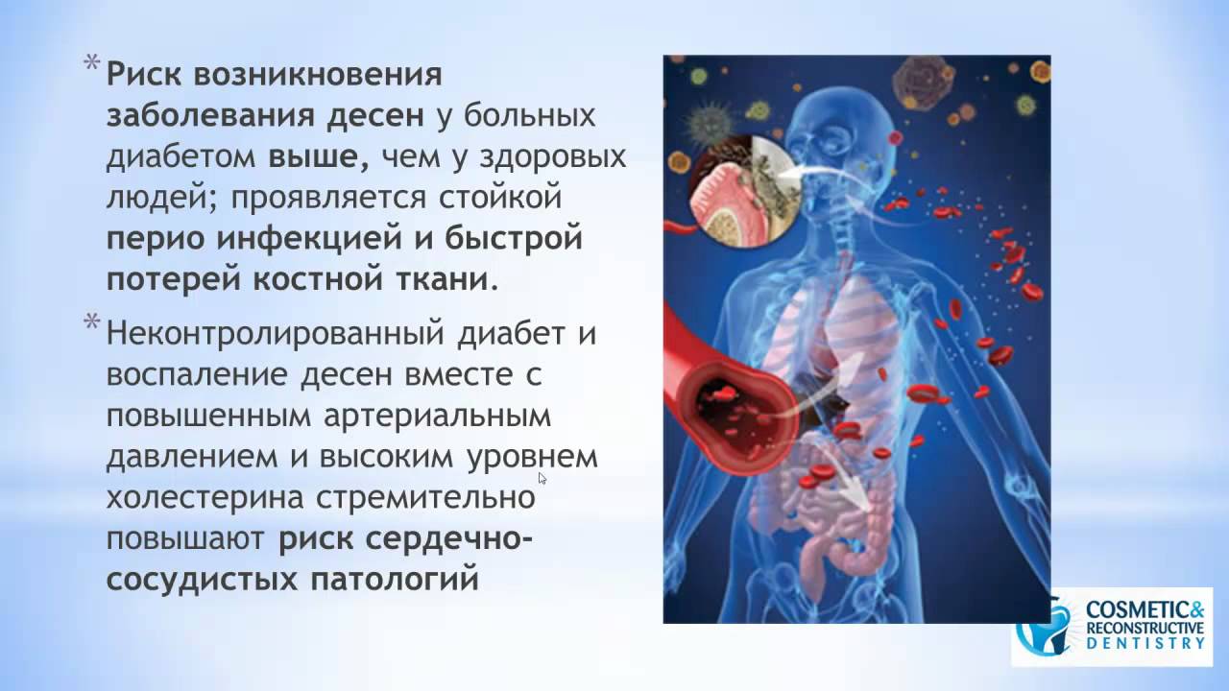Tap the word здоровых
coord(546,156)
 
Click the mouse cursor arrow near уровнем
coord(542,477)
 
